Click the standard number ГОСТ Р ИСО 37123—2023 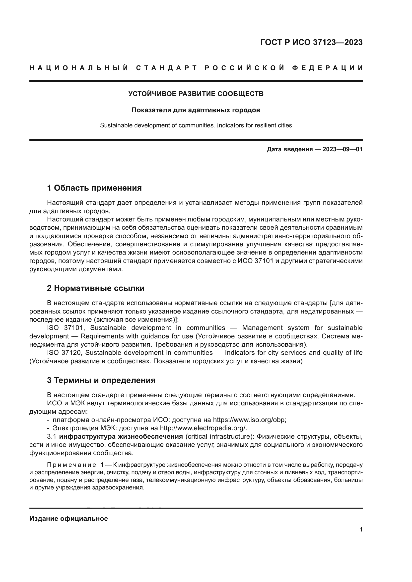(x=311, y=42)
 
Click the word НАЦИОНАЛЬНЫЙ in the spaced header (x=79, y=68)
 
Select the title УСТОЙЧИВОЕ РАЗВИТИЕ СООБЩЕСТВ (x=196, y=94)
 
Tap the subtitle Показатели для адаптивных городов (x=196, y=110)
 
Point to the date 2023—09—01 (x=343, y=149)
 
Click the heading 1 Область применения (x=94, y=188)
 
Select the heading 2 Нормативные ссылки (x=96, y=288)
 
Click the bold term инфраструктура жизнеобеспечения (x=121, y=436)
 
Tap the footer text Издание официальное (x=69, y=519)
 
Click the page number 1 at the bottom (x=361, y=529)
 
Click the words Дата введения (x=289, y=149)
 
